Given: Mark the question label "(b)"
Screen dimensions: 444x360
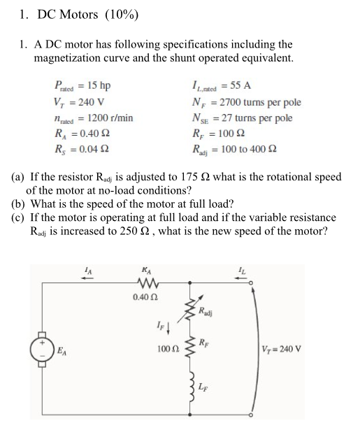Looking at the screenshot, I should [19, 206].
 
